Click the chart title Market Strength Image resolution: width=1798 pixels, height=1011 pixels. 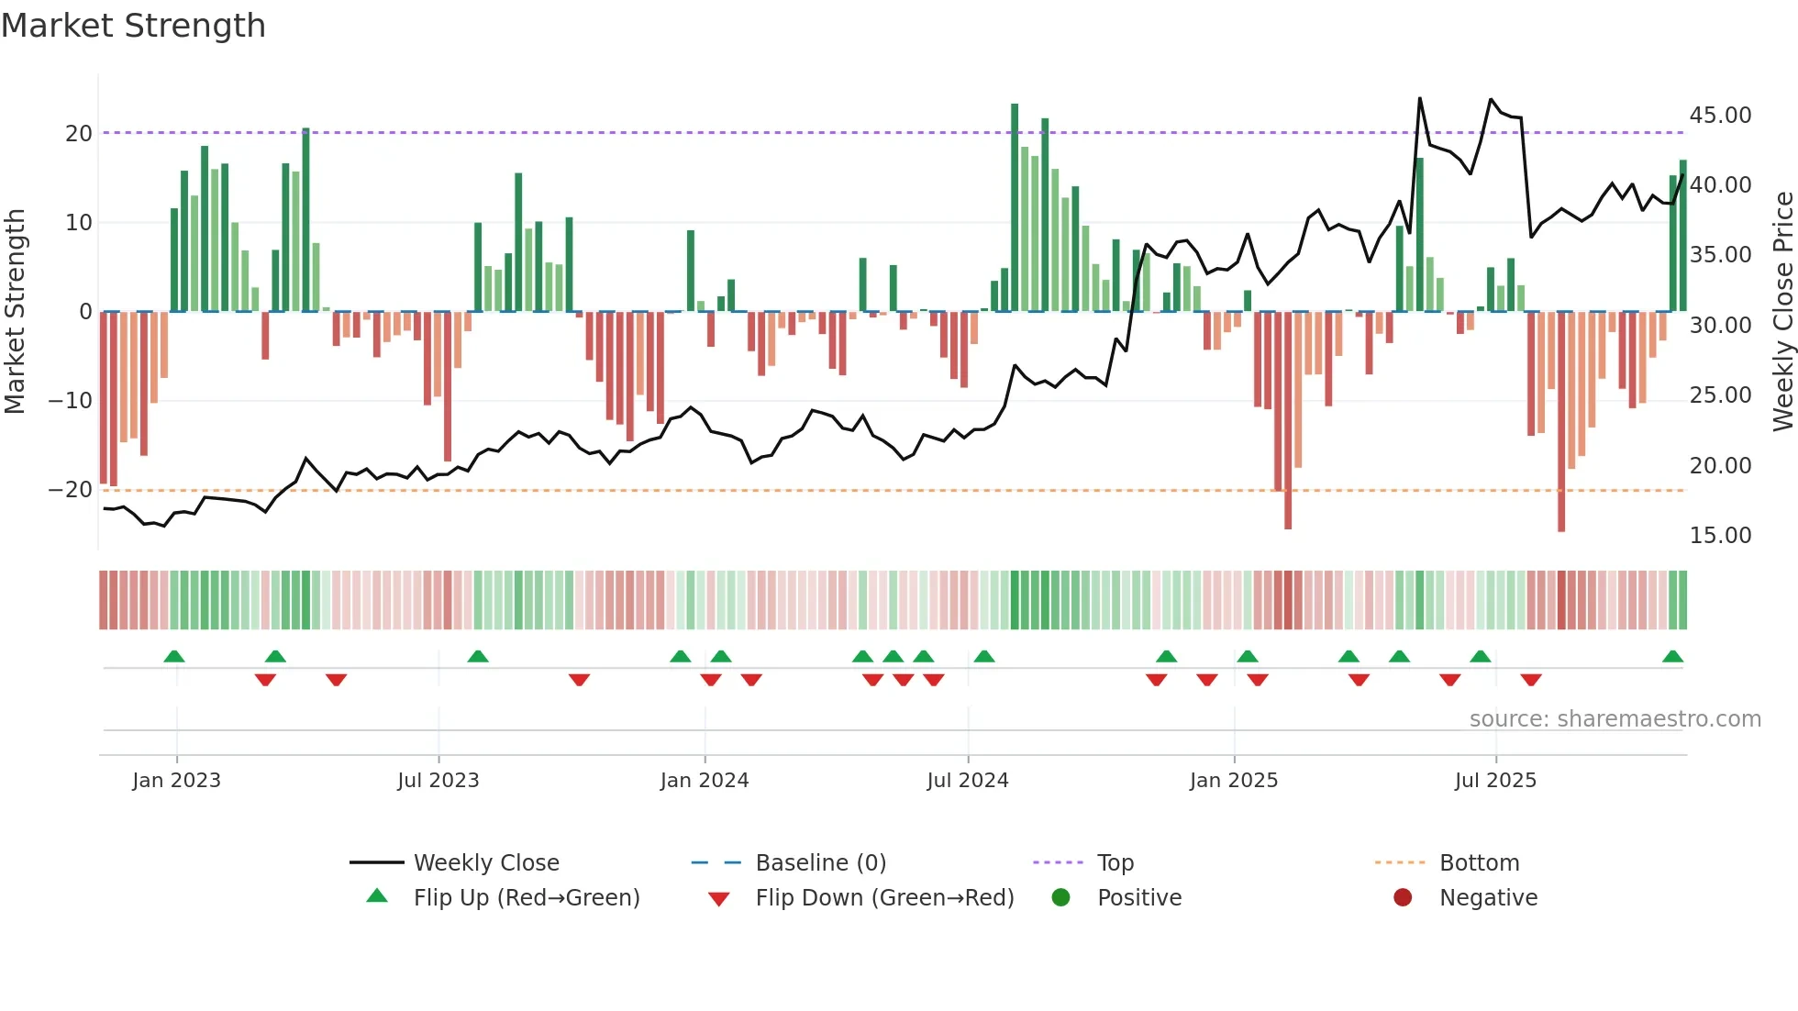pyautogui.click(x=133, y=26)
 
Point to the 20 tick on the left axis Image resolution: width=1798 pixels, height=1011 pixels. pyautogui.click(x=79, y=134)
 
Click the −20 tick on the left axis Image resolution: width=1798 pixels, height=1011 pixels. pyautogui.click(x=71, y=490)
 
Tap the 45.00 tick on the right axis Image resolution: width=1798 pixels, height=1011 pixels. pyautogui.click(x=1720, y=116)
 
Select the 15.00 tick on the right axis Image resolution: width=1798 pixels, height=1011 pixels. pyautogui.click(x=1720, y=536)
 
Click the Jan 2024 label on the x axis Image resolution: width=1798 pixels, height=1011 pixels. pyautogui.click(x=704, y=781)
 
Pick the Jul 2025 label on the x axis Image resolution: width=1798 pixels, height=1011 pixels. pyautogui.click(x=1494, y=781)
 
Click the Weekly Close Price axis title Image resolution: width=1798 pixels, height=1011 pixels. pyautogui.click(x=1782, y=312)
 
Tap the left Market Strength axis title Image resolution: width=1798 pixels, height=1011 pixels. pyautogui.click(x=16, y=312)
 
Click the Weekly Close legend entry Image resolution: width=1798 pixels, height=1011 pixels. pyautogui.click(x=485, y=863)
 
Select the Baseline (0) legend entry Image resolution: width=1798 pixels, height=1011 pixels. pyautogui.click(x=820, y=863)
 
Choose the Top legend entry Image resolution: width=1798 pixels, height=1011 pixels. pyautogui.click(x=1115, y=863)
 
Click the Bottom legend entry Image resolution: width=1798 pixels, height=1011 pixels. pyautogui.click(x=1479, y=863)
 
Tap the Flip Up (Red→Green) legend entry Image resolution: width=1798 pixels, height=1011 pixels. pyautogui.click(x=526, y=898)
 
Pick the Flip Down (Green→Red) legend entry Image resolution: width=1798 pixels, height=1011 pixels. pyautogui.click(x=884, y=898)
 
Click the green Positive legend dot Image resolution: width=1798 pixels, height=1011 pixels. pyautogui.click(x=1060, y=898)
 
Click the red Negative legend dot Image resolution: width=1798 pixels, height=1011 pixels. pyautogui.click(x=1403, y=898)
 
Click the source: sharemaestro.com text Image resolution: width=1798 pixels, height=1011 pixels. pyautogui.click(x=1615, y=719)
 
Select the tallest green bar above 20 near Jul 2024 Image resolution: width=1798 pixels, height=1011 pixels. pyautogui.click(x=1015, y=206)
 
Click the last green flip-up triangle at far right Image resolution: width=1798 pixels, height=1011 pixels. pyautogui.click(x=1672, y=657)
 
